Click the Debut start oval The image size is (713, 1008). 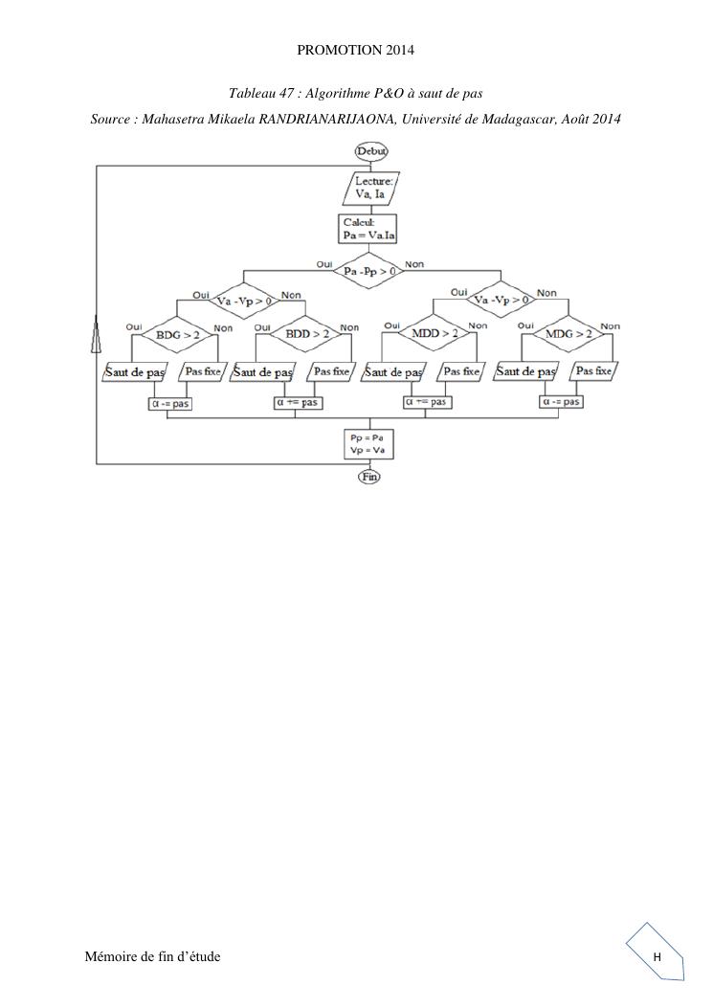[369, 150]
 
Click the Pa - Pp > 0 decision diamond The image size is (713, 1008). [369, 270]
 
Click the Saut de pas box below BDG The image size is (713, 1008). [135, 371]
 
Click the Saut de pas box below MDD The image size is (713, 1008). [393, 371]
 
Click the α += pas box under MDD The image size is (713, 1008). [427, 402]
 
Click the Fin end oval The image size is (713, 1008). [369, 476]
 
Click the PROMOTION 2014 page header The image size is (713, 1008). [356, 48]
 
